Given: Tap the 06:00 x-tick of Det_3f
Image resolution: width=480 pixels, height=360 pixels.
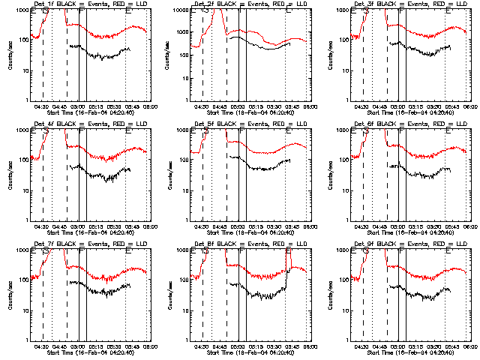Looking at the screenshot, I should (469, 106).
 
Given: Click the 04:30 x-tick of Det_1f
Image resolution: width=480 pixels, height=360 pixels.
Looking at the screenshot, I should (42, 106).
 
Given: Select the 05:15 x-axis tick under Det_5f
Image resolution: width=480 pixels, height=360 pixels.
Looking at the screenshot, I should (256, 226).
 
